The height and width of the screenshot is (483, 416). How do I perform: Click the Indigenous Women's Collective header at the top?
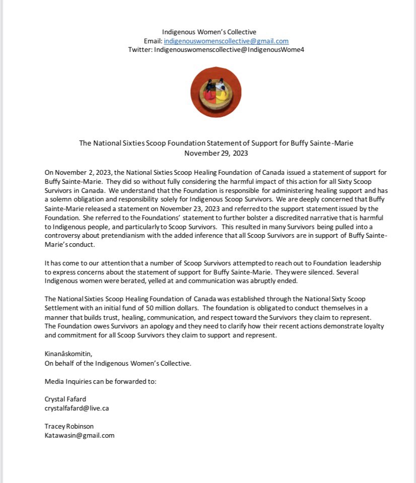(x=216, y=32)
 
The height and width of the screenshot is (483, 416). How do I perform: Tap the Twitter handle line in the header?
(x=216, y=49)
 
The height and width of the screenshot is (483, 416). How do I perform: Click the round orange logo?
(x=216, y=93)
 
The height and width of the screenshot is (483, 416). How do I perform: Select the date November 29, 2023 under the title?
(x=216, y=152)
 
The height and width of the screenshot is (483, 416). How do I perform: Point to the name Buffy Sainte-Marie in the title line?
(x=323, y=143)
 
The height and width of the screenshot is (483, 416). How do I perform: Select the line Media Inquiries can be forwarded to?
(x=100, y=381)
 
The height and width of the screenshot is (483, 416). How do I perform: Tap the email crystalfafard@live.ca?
(x=77, y=408)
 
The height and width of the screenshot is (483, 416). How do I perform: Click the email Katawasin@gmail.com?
(x=79, y=435)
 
